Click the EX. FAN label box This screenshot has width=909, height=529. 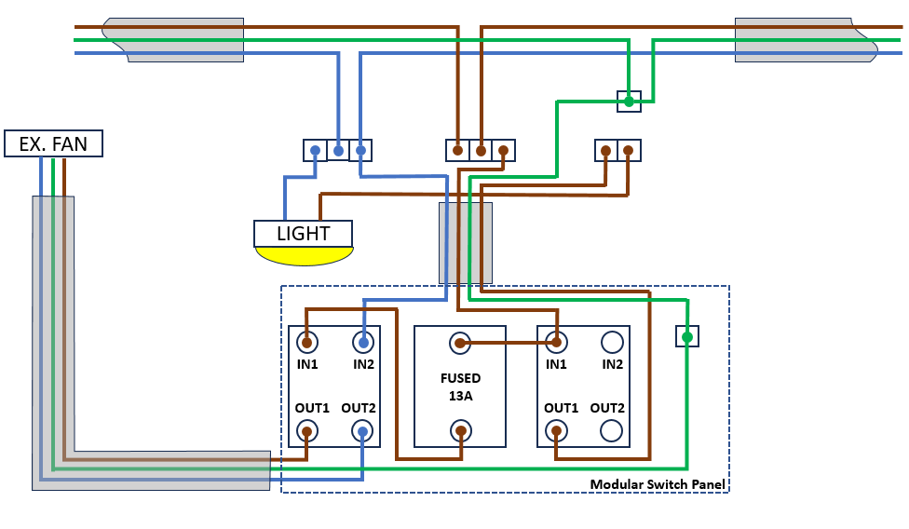[53, 143]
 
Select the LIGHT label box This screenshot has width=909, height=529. [304, 233]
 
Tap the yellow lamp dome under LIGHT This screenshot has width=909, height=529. [304, 255]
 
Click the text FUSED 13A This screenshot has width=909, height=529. [460, 387]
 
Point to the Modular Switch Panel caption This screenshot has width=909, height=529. [658, 484]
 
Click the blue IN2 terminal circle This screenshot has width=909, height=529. [362, 342]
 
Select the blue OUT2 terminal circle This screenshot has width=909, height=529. [362, 430]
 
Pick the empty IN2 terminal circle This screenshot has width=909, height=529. [612, 342]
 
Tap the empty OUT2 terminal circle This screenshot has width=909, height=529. [612, 430]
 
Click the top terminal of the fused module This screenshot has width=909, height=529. [460, 344]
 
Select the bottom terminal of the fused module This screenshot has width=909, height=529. [460, 430]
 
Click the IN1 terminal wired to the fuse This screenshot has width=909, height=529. [556, 342]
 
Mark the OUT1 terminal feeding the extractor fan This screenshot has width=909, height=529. [306, 430]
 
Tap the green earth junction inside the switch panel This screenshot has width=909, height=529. [686, 336]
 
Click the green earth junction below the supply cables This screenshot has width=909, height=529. [630, 101]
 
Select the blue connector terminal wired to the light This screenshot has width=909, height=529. [316, 150]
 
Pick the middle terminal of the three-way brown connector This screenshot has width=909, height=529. [481, 150]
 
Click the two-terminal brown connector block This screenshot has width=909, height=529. [617, 150]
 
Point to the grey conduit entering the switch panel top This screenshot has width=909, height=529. [466, 242]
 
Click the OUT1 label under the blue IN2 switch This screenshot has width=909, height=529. [312, 408]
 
